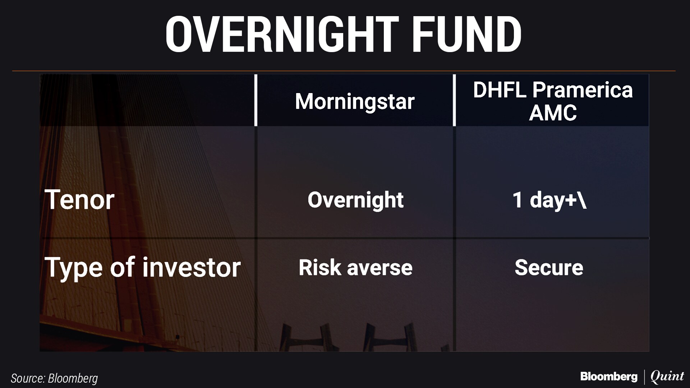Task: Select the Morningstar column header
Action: pyautogui.click(x=355, y=101)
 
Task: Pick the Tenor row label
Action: pyautogui.click(x=79, y=200)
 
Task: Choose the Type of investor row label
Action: pyautogui.click(x=142, y=268)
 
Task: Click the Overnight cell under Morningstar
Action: pyautogui.click(x=355, y=200)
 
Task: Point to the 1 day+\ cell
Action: pyautogui.click(x=549, y=200)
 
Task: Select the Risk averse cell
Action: pyautogui.click(x=355, y=268)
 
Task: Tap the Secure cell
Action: pyautogui.click(x=549, y=268)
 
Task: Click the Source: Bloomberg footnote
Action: pyautogui.click(x=54, y=378)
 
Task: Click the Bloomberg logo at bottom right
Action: pyautogui.click(x=609, y=377)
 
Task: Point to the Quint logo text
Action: pyautogui.click(x=667, y=377)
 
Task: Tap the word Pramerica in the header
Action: pyautogui.click(x=582, y=90)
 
